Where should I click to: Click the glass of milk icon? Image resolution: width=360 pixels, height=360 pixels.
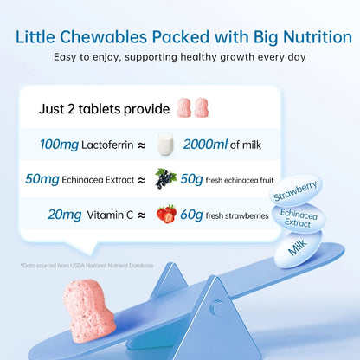click(x=166, y=145)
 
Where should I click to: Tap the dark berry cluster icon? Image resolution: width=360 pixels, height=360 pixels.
click(x=165, y=178)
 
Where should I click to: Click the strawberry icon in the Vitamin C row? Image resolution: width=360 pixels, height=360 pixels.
click(x=166, y=212)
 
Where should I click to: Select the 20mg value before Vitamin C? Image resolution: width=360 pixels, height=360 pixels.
click(x=55, y=212)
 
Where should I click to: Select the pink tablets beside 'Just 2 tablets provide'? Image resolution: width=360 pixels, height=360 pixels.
click(x=192, y=108)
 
